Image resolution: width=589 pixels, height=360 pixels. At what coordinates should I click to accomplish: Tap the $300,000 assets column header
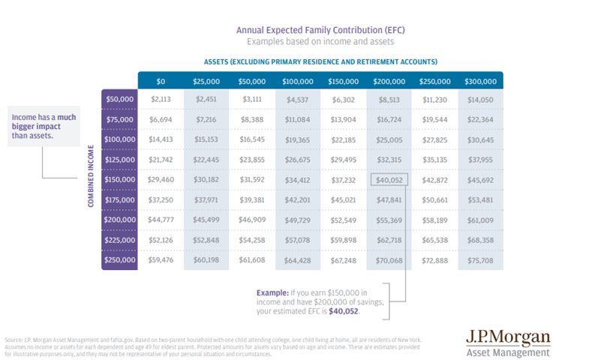[479, 81]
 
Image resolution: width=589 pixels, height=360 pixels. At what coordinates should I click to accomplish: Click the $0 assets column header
[161, 81]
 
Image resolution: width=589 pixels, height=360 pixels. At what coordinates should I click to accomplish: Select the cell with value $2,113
[161, 98]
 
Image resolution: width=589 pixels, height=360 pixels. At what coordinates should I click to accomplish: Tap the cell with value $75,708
[479, 260]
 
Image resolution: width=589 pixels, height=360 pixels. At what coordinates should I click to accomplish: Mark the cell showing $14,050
[479, 98]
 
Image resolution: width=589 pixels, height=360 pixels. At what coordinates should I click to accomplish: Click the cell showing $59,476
[161, 260]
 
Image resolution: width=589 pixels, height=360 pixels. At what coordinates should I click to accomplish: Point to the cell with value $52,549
[343, 220]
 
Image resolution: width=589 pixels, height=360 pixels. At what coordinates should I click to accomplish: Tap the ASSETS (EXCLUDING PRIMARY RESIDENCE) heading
[320, 61]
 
